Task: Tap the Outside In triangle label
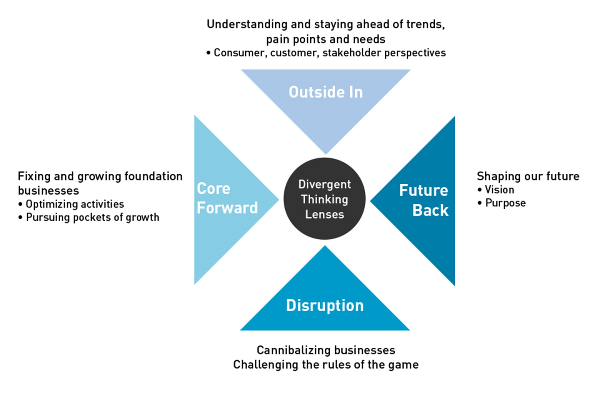coord(326,92)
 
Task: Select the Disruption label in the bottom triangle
coord(325,305)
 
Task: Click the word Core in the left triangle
coord(213,189)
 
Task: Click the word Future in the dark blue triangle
coord(423,190)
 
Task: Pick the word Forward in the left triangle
coord(227,208)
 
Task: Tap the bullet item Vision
coord(499,190)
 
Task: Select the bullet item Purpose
coord(505,203)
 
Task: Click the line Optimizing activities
coord(75,204)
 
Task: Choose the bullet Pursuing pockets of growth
coord(92,217)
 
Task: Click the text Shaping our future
coord(528,176)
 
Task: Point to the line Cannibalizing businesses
coord(326,350)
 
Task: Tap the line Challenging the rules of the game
coord(326,365)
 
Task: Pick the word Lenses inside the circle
coord(324,214)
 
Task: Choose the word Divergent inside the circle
coord(324,184)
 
